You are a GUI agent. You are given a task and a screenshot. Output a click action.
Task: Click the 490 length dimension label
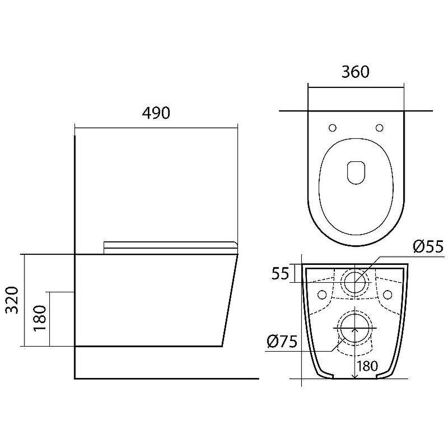pos(156,113)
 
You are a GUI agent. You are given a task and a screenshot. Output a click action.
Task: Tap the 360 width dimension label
pos(356,72)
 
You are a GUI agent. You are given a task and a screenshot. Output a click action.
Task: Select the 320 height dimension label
pos(12,300)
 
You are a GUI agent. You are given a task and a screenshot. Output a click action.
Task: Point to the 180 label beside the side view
pos(40,318)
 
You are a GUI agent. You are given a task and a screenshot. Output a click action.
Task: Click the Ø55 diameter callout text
pos(428,246)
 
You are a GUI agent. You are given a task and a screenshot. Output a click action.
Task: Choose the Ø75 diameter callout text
pos(282,342)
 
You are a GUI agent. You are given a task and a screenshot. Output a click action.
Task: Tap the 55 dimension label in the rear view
pos(281,273)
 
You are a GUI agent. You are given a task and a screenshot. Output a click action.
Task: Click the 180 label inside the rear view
pos(367,366)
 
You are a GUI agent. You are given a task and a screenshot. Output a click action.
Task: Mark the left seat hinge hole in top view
pos(332,128)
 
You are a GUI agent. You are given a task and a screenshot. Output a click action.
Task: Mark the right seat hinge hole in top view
pos(380,128)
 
